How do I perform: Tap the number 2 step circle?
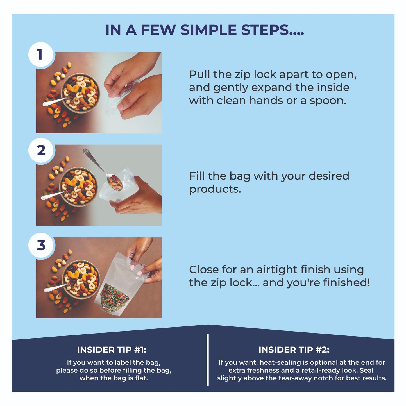coord(41,150)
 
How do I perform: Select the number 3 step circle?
coord(41,245)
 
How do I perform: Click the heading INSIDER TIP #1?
coord(112,350)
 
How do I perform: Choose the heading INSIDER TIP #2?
coord(294,350)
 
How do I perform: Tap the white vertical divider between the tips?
coord(208,360)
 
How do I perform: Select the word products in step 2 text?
coord(215,189)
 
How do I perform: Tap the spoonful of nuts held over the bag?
coord(115,182)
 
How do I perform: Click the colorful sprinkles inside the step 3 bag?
coord(114,297)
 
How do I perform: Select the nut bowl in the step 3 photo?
coord(81,280)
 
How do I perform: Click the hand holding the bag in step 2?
coord(137,196)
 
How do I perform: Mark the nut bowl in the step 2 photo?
coord(79,187)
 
